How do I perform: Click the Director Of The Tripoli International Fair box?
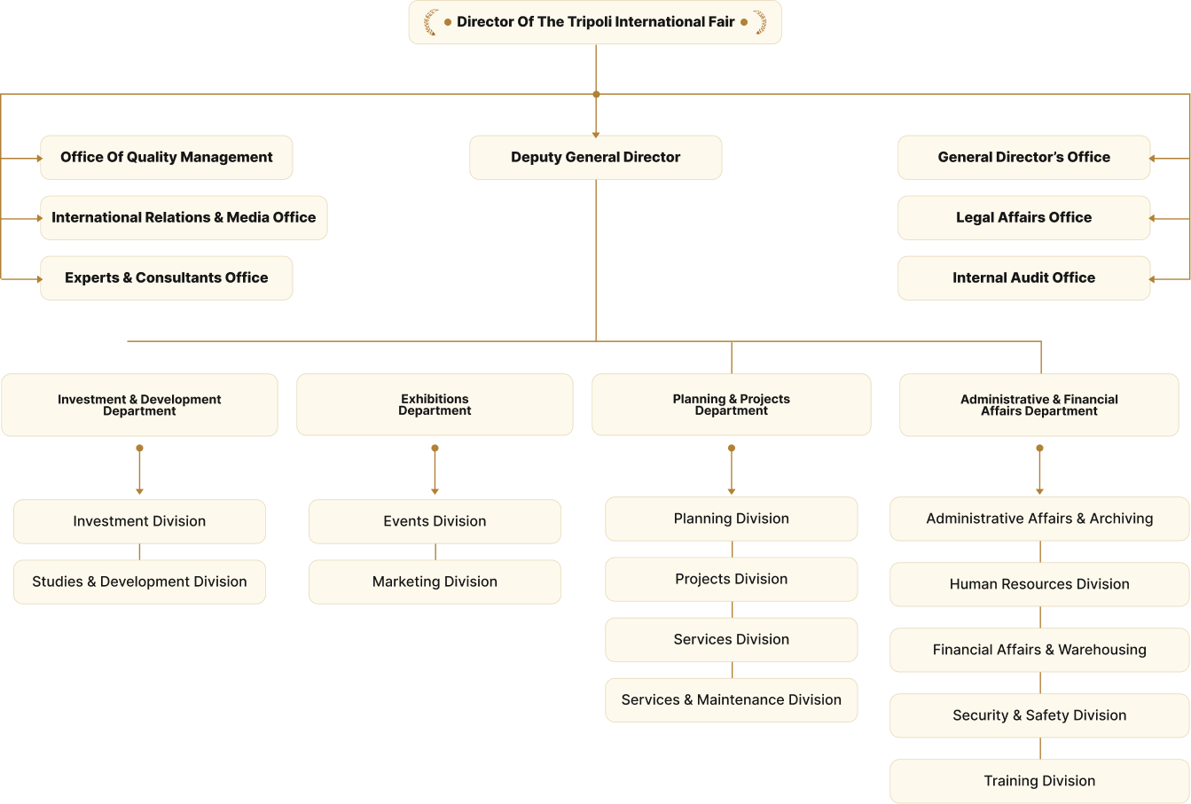[594, 22]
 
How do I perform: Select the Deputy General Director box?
[595, 158]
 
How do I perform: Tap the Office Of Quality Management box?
[167, 158]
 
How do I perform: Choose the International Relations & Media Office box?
[184, 218]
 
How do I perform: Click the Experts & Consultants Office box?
[167, 278]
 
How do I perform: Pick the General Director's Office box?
[1023, 158]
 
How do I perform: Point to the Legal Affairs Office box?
[1023, 218]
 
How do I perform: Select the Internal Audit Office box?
[1023, 278]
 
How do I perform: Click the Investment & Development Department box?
[139, 405]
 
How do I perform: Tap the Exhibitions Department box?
[435, 405]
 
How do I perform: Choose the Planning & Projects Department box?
[731, 405]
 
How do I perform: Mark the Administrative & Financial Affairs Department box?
[1038, 405]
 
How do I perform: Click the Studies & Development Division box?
[139, 582]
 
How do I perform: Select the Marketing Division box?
[435, 582]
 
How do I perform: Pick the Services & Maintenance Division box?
[731, 700]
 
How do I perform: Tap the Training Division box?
[1039, 781]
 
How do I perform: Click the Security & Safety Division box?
[1039, 715]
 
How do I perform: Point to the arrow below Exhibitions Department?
[435, 470]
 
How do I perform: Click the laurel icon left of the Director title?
[431, 22]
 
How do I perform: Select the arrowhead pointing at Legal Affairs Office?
[1153, 218]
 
